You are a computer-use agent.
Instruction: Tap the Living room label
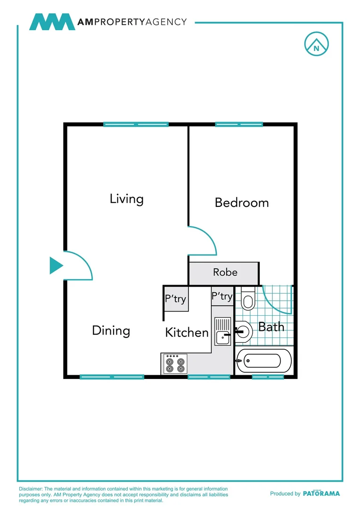pos(126,198)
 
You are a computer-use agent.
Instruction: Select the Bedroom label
pos(242,203)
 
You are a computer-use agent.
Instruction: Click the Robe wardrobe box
pos(224,273)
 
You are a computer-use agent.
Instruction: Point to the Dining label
pos(111,330)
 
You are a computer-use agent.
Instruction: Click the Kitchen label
pos(187,332)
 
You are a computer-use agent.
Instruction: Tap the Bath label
pos(271,327)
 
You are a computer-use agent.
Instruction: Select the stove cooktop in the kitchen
pos(174,363)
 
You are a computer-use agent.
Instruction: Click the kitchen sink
pos(222,331)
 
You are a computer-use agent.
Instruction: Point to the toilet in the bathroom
pos(247,299)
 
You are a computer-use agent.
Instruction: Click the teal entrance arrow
pos(56,266)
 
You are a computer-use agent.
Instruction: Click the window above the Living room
pos(136,124)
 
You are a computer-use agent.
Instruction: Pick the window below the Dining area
pos(112,377)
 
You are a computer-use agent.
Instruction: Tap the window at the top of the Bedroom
pos(239,124)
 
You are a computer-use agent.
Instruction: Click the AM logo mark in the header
pos(52,22)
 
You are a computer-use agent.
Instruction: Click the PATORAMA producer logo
pos(321,493)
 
